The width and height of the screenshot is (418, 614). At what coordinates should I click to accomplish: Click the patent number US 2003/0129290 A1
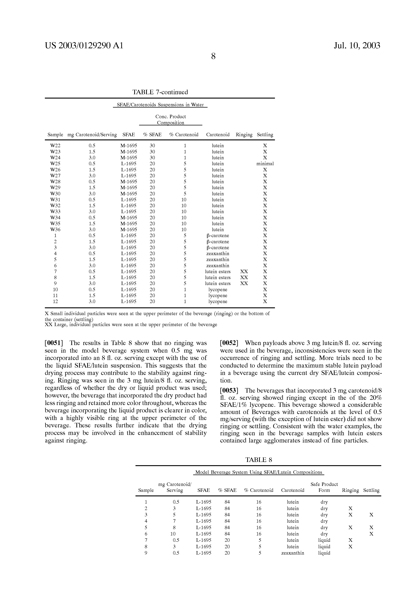(84, 46)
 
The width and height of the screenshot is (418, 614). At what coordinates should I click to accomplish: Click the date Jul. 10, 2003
(357, 46)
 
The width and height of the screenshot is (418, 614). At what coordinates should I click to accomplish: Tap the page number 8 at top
(213, 56)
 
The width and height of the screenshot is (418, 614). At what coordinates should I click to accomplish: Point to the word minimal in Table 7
(265, 164)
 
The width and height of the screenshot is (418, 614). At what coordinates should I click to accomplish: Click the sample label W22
(55, 146)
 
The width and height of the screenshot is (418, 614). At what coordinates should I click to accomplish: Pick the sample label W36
(55, 230)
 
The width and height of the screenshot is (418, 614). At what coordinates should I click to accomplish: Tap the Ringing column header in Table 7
(244, 135)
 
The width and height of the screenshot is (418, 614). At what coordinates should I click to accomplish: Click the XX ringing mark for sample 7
(244, 272)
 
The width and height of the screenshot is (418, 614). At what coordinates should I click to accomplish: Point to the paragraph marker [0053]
(229, 390)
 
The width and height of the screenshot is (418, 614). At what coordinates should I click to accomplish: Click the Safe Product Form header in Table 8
(324, 487)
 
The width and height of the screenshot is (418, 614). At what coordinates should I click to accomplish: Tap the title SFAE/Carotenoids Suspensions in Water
(160, 105)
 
